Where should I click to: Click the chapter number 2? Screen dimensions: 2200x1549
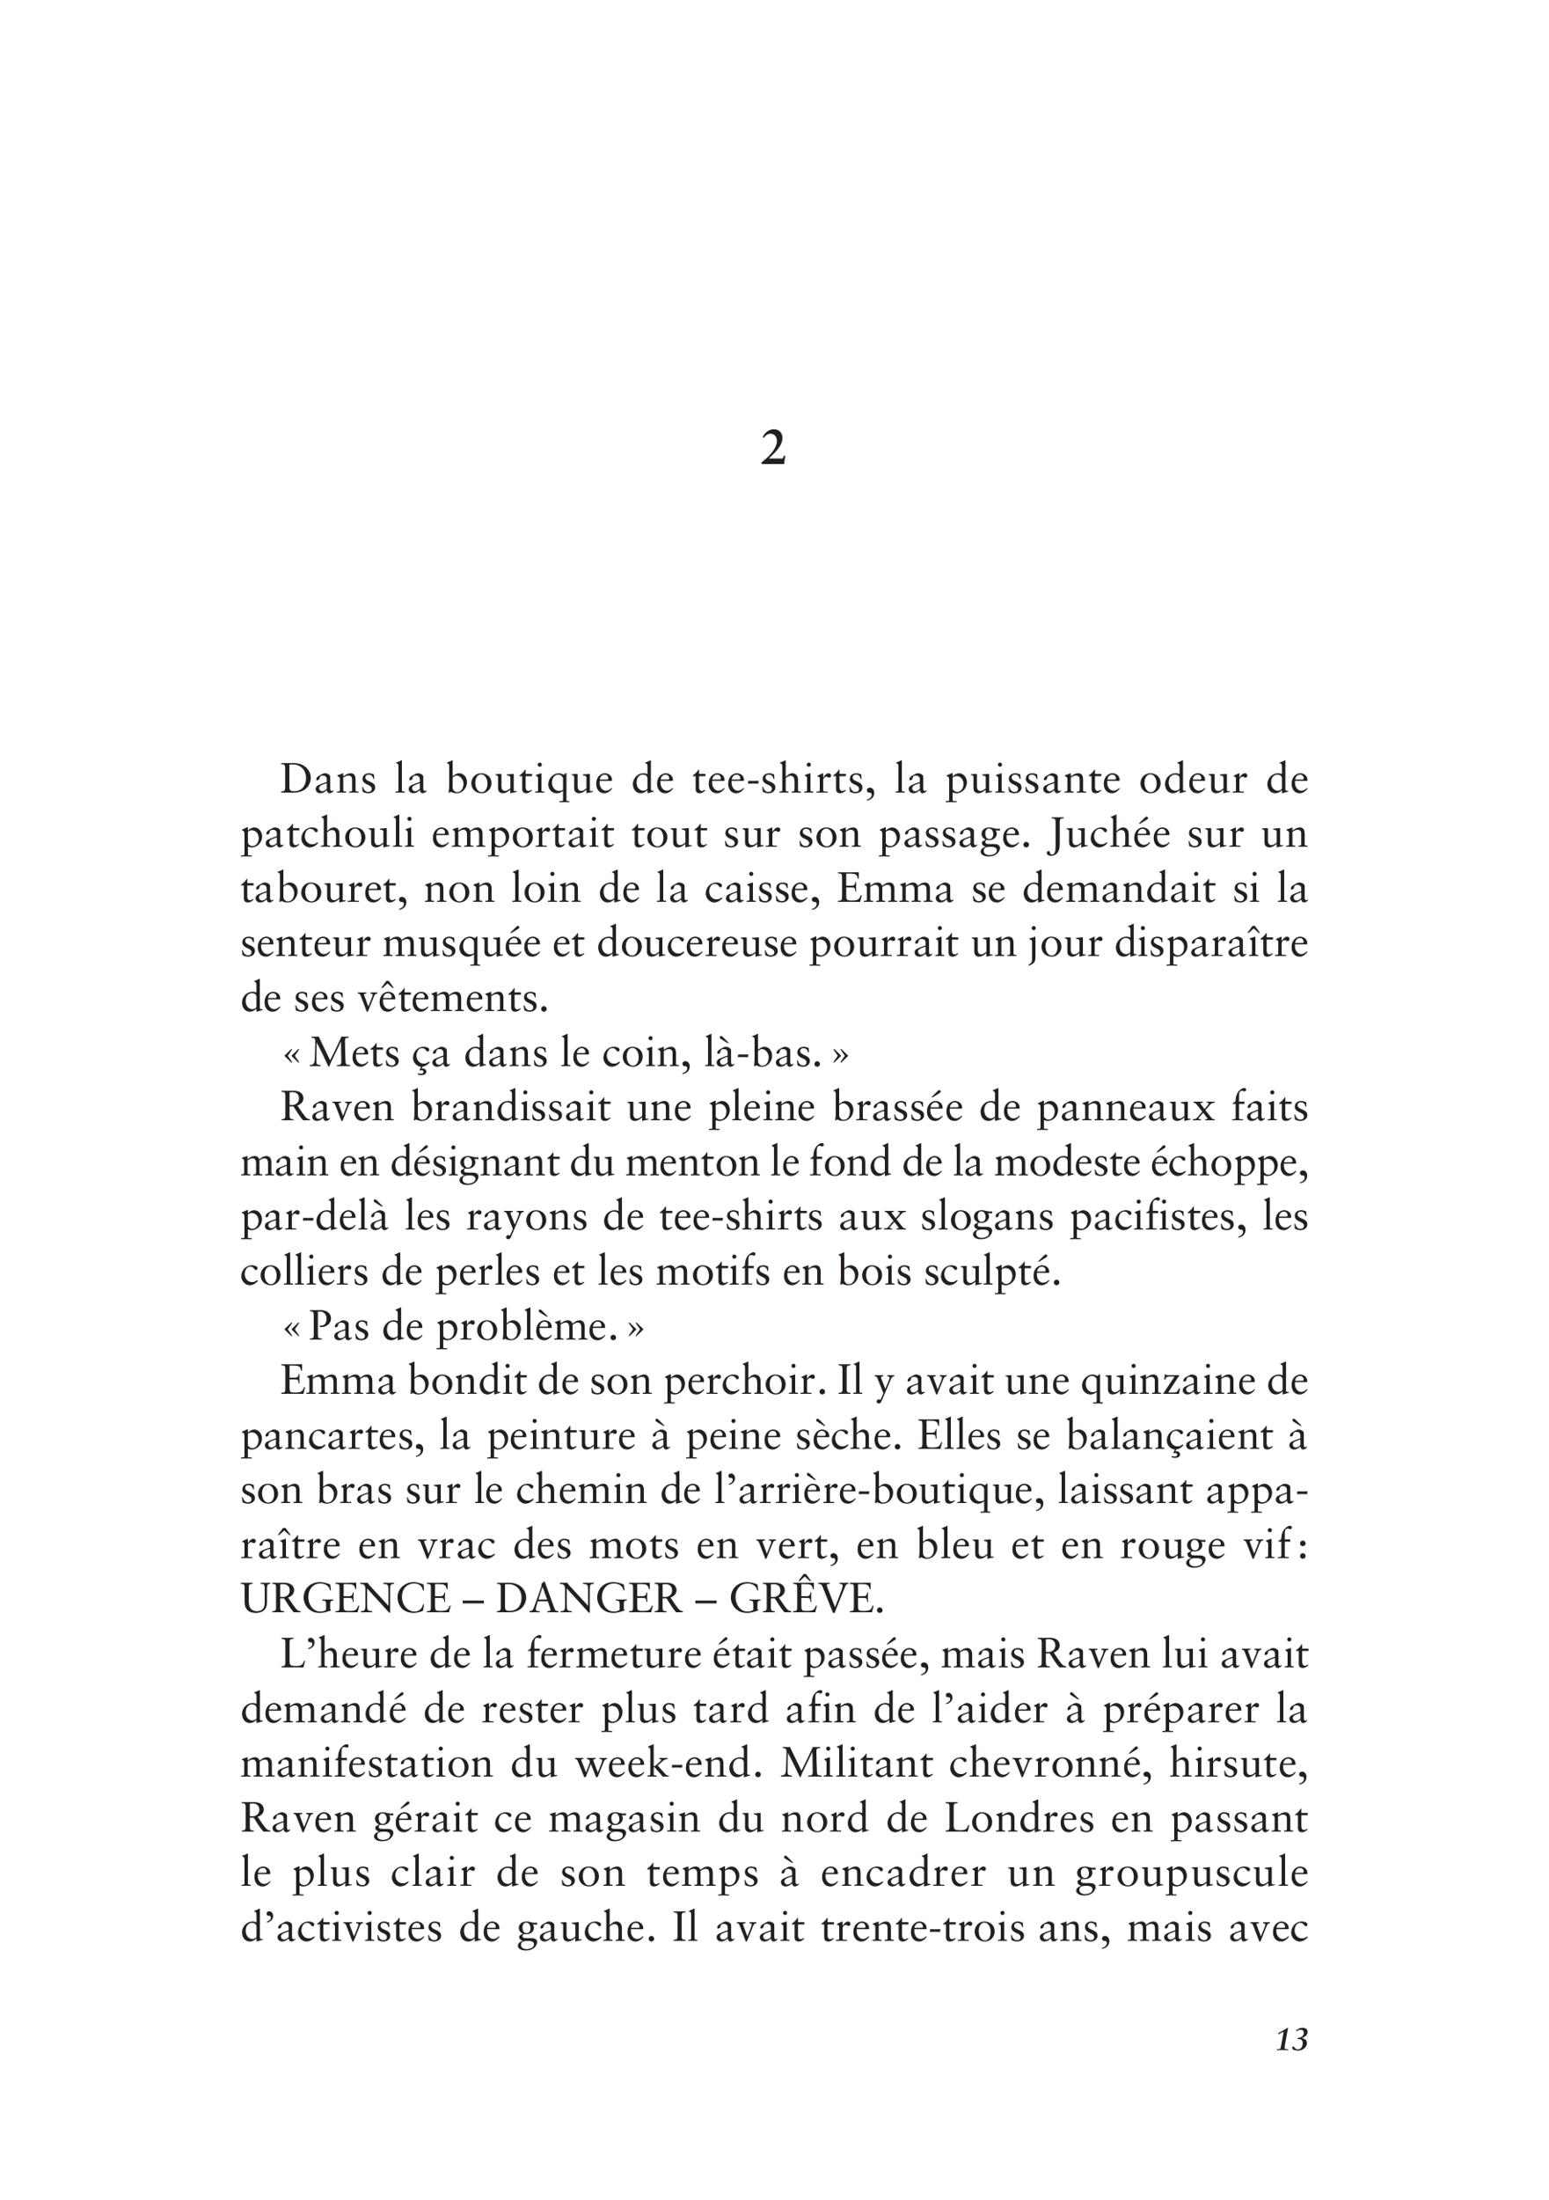tap(773, 449)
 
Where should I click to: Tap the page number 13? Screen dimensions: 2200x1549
tap(1291, 2067)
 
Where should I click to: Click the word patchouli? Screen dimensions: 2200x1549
tap(326, 835)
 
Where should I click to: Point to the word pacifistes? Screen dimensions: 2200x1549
tap(1156, 1218)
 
